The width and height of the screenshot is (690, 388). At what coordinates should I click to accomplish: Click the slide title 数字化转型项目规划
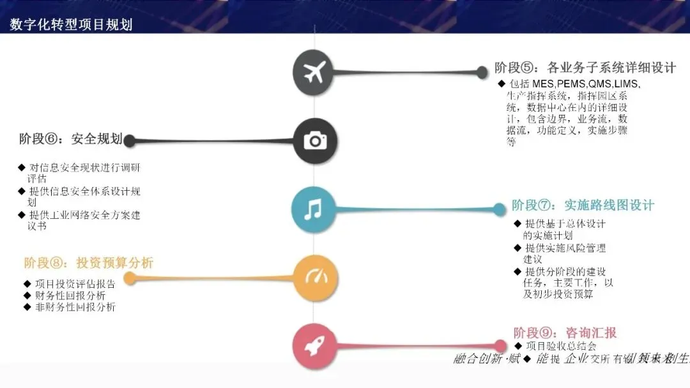(x=71, y=25)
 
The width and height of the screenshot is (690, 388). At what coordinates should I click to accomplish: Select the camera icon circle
(x=314, y=140)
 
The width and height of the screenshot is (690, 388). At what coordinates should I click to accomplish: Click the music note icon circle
(x=313, y=209)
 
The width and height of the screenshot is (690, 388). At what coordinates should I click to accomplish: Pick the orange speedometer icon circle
(x=315, y=278)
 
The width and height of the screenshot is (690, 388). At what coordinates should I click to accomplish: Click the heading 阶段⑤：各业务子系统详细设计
(x=585, y=68)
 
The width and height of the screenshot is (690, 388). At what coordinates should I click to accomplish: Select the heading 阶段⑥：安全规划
(x=70, y=138)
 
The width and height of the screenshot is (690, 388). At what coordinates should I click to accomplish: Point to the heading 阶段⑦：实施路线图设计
(x=583, y=205)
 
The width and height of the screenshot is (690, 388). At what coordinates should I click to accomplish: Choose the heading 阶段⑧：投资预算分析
(x=89, y=263)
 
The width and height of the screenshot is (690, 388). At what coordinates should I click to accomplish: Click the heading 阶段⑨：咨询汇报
(x=565, y=332)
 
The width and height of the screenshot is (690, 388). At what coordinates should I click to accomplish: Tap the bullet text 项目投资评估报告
(x=75, y=284)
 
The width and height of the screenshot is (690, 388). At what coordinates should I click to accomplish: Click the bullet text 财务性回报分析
(x=70, y=295)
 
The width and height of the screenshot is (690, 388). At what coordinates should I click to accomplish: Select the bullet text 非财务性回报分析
(x=75, y=307)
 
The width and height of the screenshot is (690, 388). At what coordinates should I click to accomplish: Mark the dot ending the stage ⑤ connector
(x=482, y=73)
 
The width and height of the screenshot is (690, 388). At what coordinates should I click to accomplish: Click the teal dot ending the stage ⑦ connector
(x=500, y=209)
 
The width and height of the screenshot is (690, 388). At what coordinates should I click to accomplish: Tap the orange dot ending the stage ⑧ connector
(x=130, y=278)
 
